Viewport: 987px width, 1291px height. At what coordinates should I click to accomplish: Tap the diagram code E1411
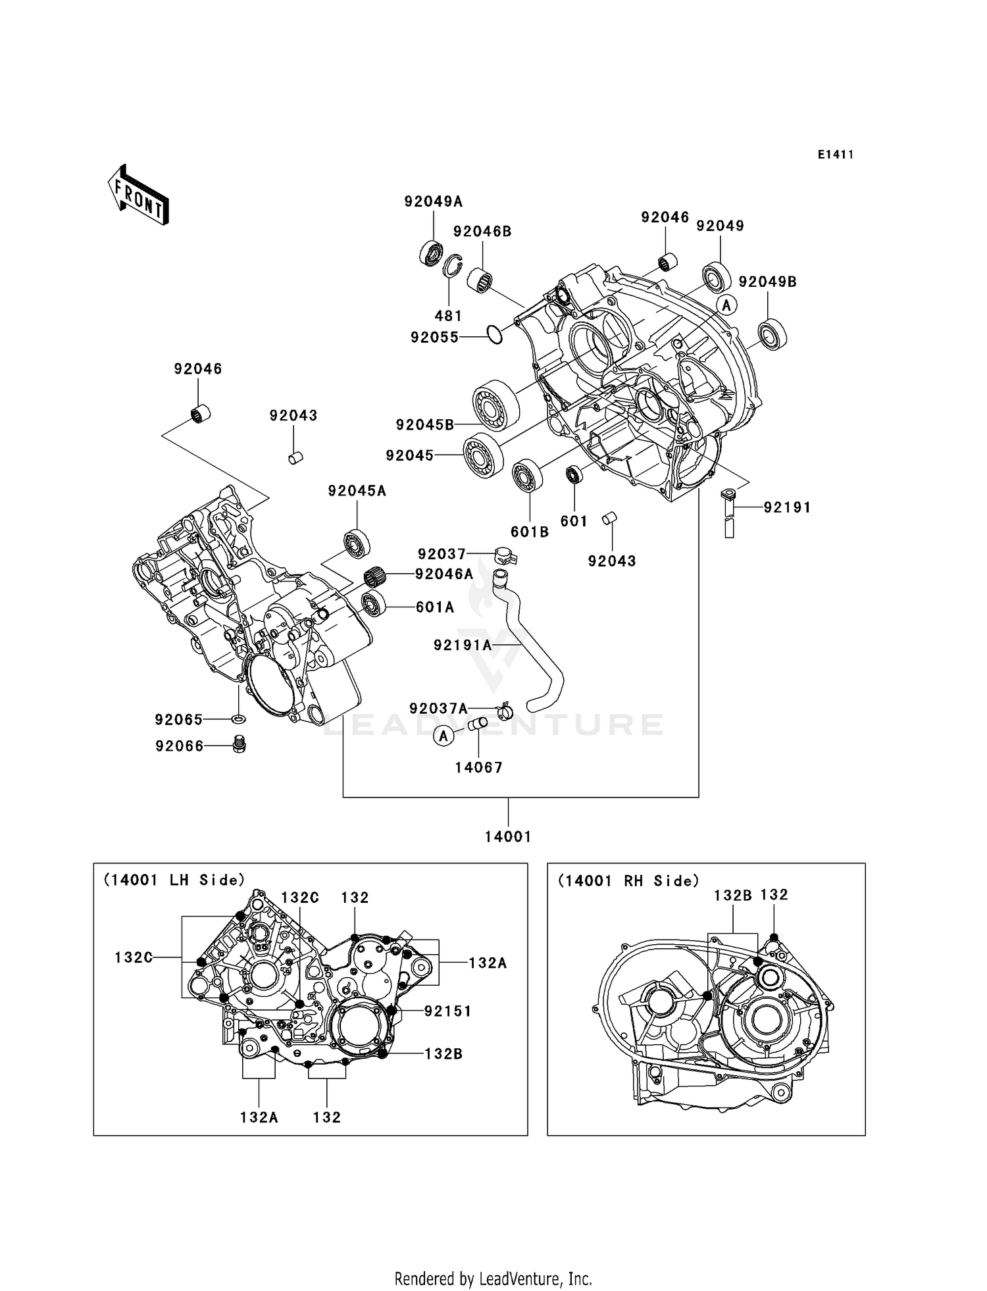point(835,155)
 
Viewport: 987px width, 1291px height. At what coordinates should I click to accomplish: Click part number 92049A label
point(433,202)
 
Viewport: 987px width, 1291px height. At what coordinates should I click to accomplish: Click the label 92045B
point(424,425)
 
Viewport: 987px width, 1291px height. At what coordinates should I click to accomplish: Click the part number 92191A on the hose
point(463,645)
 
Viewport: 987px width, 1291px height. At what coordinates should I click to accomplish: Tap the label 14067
point(478,768)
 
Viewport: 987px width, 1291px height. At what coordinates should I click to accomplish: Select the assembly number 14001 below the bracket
point(507,837)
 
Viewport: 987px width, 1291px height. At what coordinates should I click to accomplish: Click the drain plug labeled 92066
point(240,744)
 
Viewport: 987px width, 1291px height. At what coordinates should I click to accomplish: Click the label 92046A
point(444,574)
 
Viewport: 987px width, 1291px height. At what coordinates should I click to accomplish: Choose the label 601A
point(435,607)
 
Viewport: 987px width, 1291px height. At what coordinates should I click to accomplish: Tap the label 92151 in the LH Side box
point(447,1011)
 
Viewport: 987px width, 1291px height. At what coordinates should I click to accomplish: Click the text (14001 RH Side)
point(628,881)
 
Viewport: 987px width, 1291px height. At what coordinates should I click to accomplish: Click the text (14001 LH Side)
point(174,880)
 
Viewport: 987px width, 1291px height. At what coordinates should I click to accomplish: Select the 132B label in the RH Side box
point(732,896)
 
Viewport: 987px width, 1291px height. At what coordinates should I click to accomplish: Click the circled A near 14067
point(443,736)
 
